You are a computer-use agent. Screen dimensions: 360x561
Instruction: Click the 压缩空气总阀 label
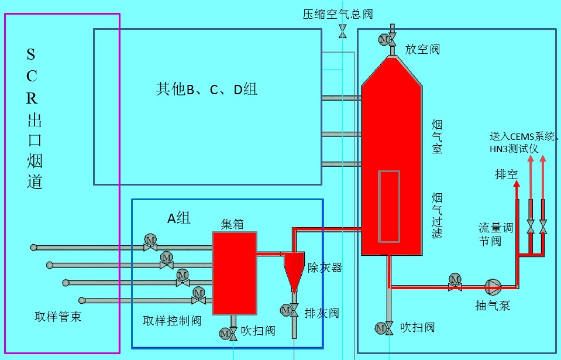coord(338,13)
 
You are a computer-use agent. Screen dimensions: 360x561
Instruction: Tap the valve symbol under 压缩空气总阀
coord(342,32)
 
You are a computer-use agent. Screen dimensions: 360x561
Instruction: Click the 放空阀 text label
coord(422,49)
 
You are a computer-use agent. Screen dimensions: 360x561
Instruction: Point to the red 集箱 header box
coord(234,273)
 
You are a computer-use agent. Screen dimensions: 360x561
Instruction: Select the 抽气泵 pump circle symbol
coord(493,286)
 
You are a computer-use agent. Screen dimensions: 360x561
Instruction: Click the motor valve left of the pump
coord(455,282)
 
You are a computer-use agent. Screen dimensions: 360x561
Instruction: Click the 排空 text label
coord(507,174)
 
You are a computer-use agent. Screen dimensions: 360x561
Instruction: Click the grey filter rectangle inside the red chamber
coord(388,206)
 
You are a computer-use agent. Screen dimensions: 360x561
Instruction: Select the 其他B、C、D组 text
coord(206,89)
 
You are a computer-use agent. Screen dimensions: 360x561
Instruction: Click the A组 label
coord(179,218)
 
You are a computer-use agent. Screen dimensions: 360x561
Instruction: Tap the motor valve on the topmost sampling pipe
coord(150,244)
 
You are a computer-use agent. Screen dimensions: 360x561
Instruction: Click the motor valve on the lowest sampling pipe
coord(198,296)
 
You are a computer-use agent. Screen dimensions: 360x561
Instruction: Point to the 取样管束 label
coord(58,317)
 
